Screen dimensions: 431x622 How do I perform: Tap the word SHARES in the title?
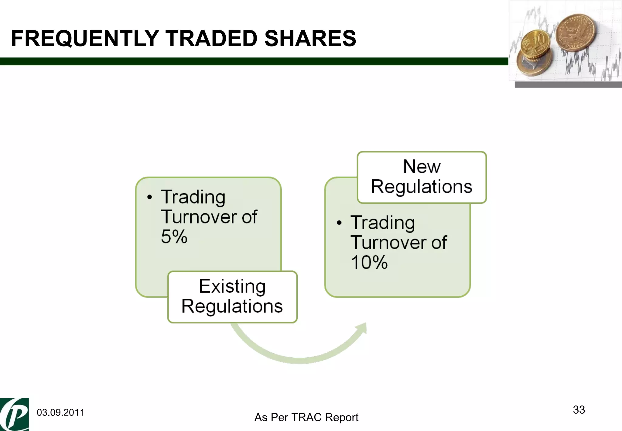pyautogui.click(x=310, y=39)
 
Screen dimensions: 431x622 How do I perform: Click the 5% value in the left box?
pyautogui.click(x=174, y=237)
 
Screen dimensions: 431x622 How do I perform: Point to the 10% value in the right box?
pyautogui.click(x=369, y=262)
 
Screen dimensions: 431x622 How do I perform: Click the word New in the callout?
pyautogui.click(x=422, y=167)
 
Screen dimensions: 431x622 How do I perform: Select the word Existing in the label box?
pyautogui.click(x=232, y=286)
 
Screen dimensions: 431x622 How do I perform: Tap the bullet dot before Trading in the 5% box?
pyautogui.click(x=149, y=197)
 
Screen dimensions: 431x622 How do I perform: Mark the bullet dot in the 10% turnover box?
pyautogui.click(x=339, y=223)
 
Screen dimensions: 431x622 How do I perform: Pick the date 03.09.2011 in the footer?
pyautogui.click(x=60, y=412)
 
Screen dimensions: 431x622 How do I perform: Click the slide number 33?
pyautogui.click(x=579, y=410)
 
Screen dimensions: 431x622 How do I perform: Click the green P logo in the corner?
pyautogui.click(x=14, y=414)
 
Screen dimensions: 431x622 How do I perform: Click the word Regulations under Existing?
pyautogui.click(x=232, y=306)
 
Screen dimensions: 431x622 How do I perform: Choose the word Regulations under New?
pyautogui.click(x=422, y=186)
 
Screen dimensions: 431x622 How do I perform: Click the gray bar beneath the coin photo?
pyautogui.click(x=568, y=85)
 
